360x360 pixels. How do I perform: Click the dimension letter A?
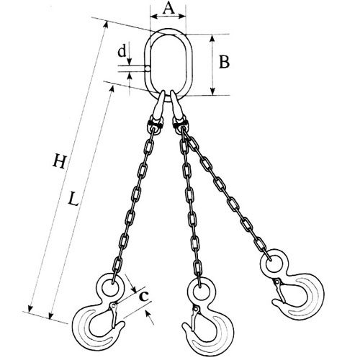tap(169, 9)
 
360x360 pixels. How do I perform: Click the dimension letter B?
tap(224, 62)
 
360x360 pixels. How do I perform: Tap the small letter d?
tap(122, 51)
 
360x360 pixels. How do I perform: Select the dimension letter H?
tap(59, 161)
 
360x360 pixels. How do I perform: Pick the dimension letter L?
tap(73, 199)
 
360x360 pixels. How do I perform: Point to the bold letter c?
tap(144, 296)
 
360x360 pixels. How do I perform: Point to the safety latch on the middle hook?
tap(194, 319)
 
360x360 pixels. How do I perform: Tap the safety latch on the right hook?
tap(280, 291)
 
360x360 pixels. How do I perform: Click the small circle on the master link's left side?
tap(148, 68)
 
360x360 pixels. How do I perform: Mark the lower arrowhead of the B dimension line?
tap(212, 91)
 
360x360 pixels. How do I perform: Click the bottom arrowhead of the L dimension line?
tap(50, 315)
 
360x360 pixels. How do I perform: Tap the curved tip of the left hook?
tap(121, 326)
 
